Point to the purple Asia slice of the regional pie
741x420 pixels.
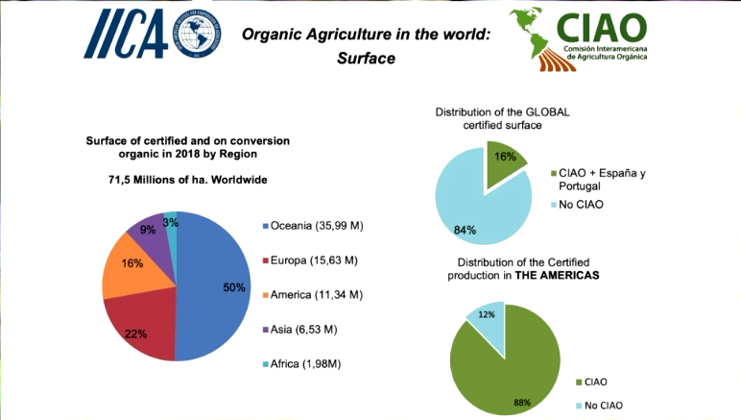coord(149,229)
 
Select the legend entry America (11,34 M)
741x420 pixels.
coord(313,293)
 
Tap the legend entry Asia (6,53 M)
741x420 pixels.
coord(303,328)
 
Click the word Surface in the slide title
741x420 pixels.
coord(366,59)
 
